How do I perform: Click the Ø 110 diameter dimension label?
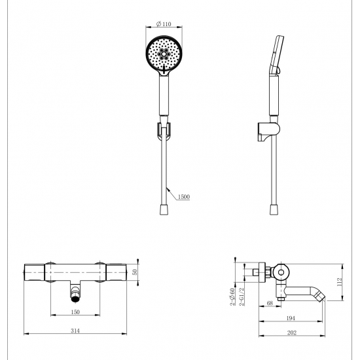tap(164, 24)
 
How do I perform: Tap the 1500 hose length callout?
tap(184, 197)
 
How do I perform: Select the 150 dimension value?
tap(75, 312)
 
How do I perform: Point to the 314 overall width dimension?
tap(75, 331)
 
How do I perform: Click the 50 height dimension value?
tap(135, 272)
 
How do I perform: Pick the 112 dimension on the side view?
tap(340, 282)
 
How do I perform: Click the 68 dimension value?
tap(270, 303)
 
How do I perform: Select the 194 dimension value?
tap(291, 318)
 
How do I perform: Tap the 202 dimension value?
tap(291, 333)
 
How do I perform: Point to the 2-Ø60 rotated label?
tap(232, 297)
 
